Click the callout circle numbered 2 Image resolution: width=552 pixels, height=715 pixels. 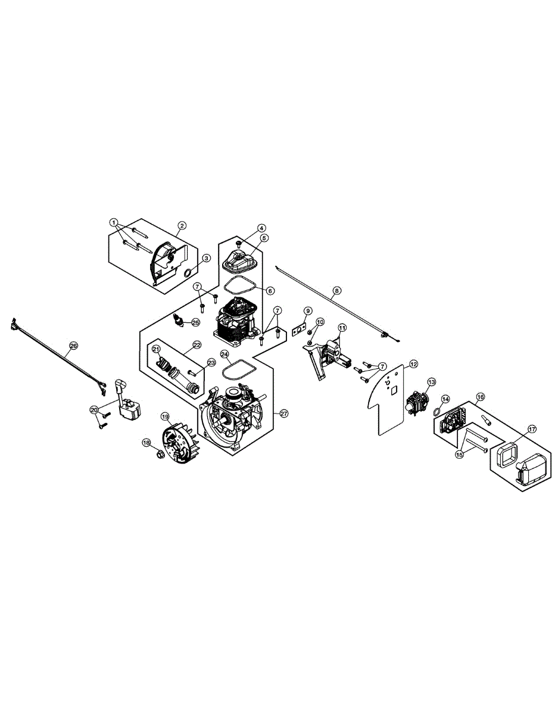pyautogui.click(x=182, y=225)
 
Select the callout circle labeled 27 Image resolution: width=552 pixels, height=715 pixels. pyautogui.click(x=283, y=413)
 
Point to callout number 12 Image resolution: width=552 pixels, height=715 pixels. pyautogui.click(x=413, y=363)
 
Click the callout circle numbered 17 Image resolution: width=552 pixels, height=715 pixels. pyautogui.click(x=532, y=428)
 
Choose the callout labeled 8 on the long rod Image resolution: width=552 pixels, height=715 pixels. pyautogui.click(x=337, y=291)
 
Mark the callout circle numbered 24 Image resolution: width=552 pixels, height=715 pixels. pyautogui.click(x=224, y=354)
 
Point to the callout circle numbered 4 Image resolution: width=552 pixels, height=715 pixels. pyautogui.click(x=261, y=228)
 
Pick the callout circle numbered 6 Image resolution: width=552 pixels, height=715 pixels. pyautogui.click(x=270, y=291)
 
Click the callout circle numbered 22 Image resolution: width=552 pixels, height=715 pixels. pyautogui.click(x=197, y=344)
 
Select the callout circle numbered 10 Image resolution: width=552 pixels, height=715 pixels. pyautogui.click(x=320, y=322)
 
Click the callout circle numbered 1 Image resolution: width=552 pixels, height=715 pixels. pyautogui.click(x=113, y=222)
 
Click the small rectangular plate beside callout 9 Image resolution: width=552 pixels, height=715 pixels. pyautogui.click(x=299, y=328)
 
